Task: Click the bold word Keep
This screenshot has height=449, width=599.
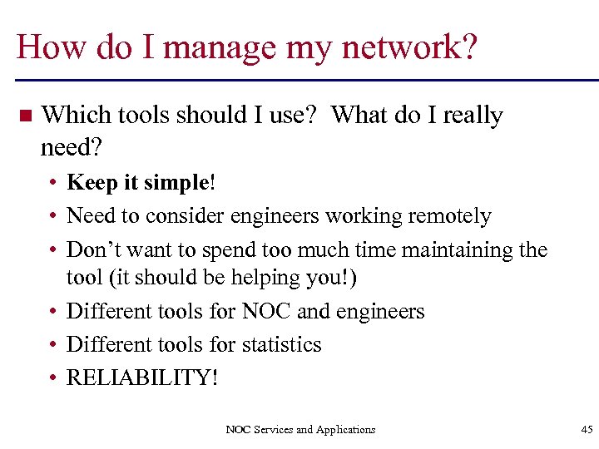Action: click(92, 183)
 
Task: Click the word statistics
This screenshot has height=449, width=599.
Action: click(280, 344)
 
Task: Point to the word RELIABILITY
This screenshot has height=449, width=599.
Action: click(137, 377)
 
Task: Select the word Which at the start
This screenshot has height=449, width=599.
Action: click(72, 115)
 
